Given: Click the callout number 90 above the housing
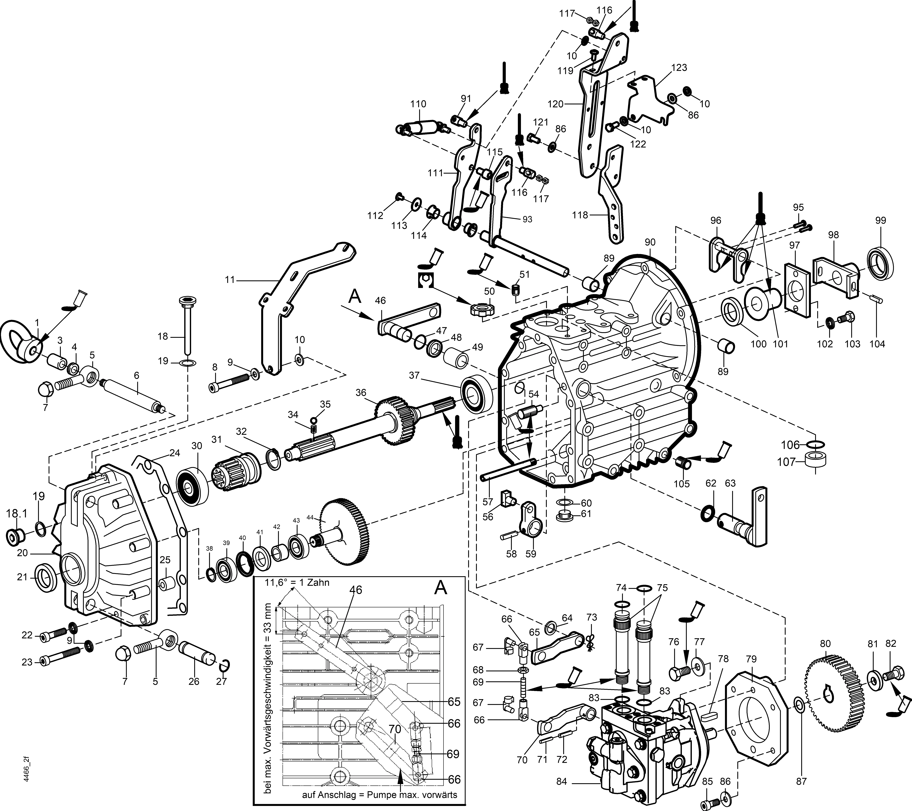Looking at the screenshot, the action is pos(650,242).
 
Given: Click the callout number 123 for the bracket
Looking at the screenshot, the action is pos(679,68).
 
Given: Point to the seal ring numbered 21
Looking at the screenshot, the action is pos(46,578).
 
